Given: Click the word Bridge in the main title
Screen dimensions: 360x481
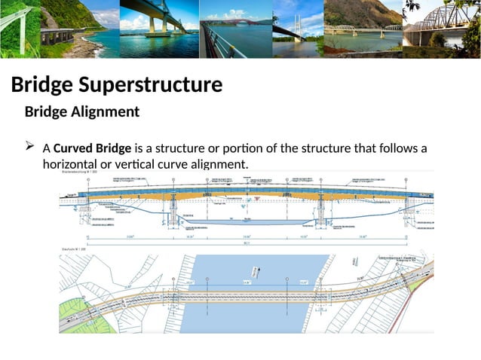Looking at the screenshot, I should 42,85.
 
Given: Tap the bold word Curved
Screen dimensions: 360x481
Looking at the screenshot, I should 72,148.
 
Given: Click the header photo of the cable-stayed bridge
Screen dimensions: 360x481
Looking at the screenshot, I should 296,29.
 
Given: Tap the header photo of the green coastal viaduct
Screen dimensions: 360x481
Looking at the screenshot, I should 38,29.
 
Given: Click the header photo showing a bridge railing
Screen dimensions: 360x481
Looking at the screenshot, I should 234,29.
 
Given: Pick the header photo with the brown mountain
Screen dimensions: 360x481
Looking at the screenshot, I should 362,29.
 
